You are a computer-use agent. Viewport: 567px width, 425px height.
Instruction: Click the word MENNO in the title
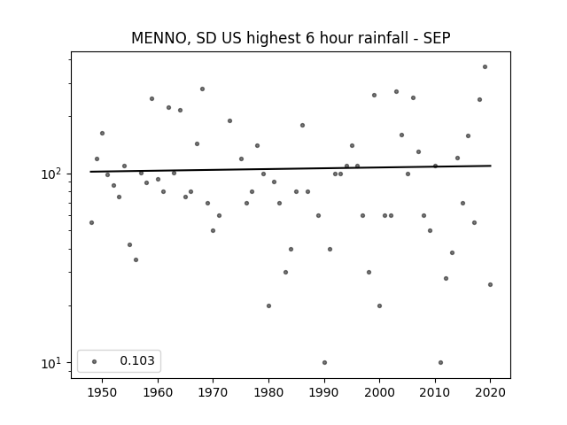[x=159, y=38]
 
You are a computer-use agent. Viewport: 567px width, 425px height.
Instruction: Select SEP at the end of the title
[x=437, y=38]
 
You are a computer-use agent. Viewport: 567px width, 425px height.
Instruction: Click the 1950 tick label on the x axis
[x=103, y=392]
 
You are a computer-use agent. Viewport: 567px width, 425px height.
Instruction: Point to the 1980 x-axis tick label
[x=268, y=392]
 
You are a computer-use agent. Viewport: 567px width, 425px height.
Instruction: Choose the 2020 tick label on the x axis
[x=490, y=392]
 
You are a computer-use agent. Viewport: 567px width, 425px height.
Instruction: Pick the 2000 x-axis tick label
[x=379, y=392]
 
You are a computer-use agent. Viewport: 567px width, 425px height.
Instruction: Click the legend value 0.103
[x=137, y=360]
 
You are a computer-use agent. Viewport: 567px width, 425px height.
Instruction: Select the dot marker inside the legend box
[x=94, y=361]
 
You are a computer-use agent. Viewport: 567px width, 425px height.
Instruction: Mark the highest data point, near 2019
[x=485, y=67]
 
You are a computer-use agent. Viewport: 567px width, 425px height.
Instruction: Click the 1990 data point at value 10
[x=324, y=362]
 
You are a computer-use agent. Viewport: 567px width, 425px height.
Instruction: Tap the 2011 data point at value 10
[x=440, y=362]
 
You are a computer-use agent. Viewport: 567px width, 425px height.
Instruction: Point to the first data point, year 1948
[x=91, y=222]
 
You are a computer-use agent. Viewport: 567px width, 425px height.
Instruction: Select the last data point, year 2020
[x=490, y=285]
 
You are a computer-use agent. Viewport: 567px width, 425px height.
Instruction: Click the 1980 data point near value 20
[x=268, y=305]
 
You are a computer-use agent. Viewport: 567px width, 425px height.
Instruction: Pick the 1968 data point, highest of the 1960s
[x=202, y=89]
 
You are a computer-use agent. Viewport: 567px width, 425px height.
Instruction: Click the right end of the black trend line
[x=491, y=166]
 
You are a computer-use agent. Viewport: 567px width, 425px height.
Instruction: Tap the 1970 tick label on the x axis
[x=213, y=392]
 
